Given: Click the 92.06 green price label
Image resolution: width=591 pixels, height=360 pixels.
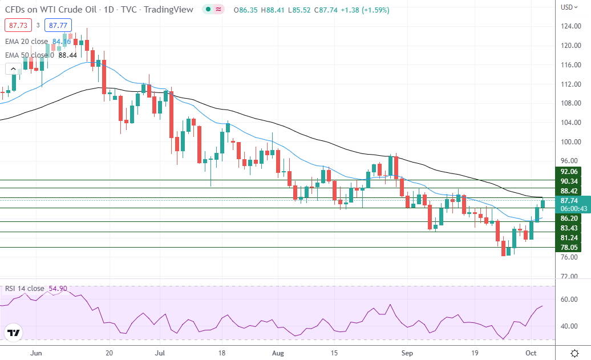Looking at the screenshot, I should click(571, 171).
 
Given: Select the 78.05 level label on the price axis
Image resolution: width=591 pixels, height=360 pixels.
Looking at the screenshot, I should click(571, 248).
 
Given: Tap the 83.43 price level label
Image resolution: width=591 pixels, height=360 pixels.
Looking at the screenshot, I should click(571, 228).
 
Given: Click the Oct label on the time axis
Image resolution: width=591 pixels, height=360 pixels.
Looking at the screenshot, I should click(532, 353).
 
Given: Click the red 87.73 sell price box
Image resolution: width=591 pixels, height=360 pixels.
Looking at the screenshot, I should click(17, 25).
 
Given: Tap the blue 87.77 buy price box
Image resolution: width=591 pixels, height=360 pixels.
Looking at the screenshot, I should click(59, 25).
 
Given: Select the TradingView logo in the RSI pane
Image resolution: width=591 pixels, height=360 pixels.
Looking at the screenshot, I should click(14, 333).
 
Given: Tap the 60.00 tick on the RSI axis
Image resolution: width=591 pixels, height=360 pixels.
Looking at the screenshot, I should click(568, 298).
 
